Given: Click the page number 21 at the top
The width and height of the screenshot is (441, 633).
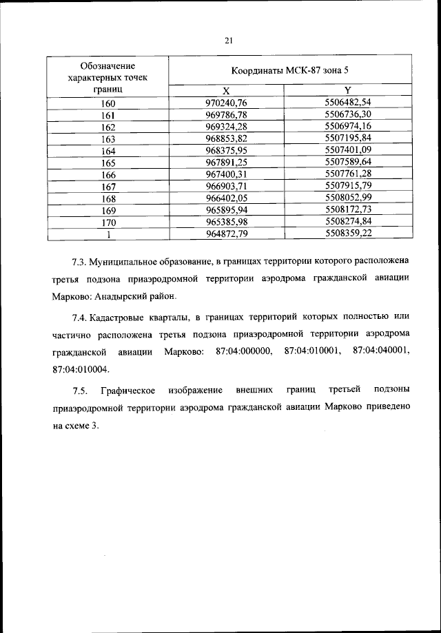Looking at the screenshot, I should (229, 41).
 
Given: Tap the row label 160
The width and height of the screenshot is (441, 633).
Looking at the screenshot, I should (108, 104).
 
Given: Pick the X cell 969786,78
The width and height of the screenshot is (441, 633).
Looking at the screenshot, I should (226, 115).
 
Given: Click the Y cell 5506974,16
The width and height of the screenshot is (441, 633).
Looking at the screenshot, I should (347, 127).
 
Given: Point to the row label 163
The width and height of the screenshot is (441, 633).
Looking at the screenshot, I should (108, 139).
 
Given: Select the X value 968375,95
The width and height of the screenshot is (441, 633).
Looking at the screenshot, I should (226, 150).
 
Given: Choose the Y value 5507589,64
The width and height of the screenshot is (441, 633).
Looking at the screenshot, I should (347, 162).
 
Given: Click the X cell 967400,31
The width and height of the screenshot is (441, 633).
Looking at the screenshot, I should (226, 174).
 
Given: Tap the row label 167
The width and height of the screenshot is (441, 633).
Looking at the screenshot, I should (108, 186).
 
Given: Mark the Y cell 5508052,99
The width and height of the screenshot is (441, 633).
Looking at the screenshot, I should (347, 197).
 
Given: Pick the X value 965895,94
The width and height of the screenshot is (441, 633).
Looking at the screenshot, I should (226, 209).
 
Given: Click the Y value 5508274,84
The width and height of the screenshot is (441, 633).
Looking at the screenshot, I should (347, 220).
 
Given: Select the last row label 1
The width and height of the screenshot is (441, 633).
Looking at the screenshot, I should (108, 233).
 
